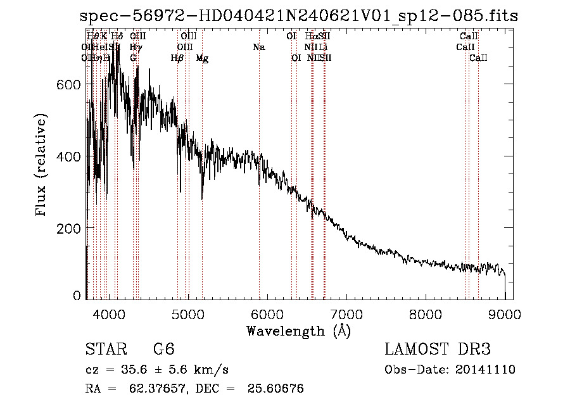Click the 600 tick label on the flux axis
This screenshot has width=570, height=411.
click(70, 85)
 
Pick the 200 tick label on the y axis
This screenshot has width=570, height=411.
click(70, 227)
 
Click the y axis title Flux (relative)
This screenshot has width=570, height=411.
click(42, 165)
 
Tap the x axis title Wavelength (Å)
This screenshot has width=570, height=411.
click(298, 331)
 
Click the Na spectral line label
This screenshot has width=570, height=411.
click(258, 47)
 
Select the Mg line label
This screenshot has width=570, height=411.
click(202, 58)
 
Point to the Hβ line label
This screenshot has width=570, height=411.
click(177, 58)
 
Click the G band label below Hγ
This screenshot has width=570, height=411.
click(134, 58)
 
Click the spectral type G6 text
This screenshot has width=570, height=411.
click(163, 350)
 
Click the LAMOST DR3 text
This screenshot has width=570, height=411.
click(438, 350)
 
